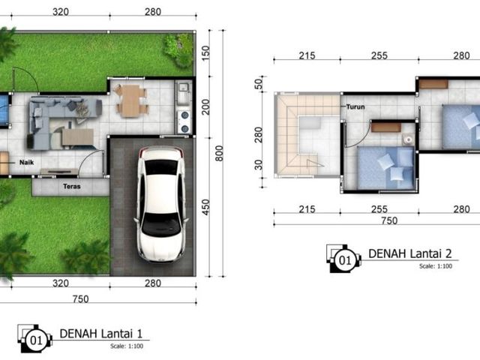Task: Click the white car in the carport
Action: (x=161, y=204)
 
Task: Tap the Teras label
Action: (x=72, y=186)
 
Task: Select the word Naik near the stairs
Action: (x=27, y=162)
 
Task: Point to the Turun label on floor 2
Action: (x=355, y=106)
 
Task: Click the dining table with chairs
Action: (x=131, y=100)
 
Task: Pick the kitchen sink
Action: (x=183, y=92)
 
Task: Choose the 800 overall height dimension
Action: (x=219, y=153)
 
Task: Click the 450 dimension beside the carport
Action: (x=205, y=207)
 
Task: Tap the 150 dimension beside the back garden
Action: (x=205, y=52)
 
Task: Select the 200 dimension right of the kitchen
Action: (x=205, y=106)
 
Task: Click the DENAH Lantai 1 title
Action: (x=101, y=333)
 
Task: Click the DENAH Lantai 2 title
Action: (x=410, y=253)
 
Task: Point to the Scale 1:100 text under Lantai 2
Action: (x=436, y=266)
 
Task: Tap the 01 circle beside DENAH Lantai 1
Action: (x=36, y=340)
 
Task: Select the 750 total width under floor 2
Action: (x=389, y=220)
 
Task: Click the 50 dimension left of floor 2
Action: (x=259, y=84)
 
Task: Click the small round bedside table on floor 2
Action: (x=408, y=139)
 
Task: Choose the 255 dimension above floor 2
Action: (x=379, y=55)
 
